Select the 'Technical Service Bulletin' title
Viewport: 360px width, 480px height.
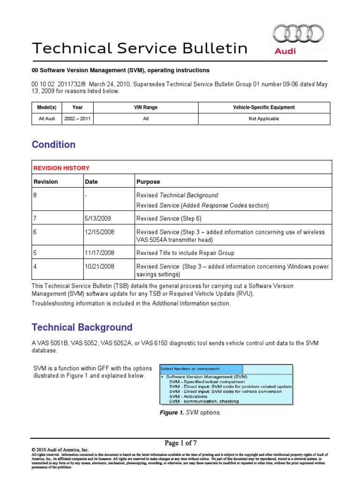(x=139, y=48)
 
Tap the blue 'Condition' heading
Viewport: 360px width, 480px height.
(x=53, y=144)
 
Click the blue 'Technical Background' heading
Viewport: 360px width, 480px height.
(x=82, y=327)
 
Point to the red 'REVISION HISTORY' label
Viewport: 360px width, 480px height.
(x=61, y=168)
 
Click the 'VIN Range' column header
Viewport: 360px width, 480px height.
(x=146, y=107)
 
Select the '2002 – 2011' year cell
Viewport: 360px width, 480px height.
(x=77, y=119)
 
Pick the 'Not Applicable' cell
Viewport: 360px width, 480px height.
(x=263, y=119)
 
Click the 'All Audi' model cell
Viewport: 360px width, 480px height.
(x=47, y=119)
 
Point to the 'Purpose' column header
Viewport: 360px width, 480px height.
(x=148, y=182)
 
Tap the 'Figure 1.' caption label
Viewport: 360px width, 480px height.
(x=172, y=412)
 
